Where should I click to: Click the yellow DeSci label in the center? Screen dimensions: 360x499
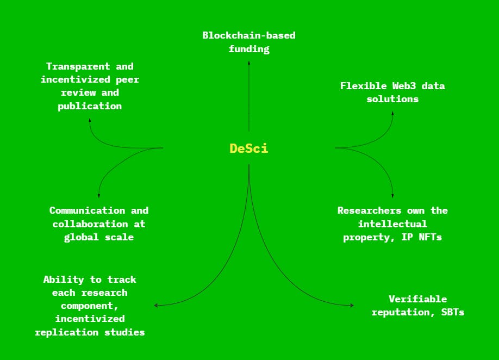tap(249, 148)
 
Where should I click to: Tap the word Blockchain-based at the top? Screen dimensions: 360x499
tap(249, 35)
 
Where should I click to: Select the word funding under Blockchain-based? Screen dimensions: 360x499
tap(249, 49)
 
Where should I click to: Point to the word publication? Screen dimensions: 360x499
tap(90, 106)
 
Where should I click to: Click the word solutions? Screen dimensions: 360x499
tap(392, 99)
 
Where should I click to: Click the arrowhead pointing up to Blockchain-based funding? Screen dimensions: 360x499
tap(249, 63)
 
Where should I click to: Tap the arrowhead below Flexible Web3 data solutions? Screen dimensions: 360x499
tap(392, 113)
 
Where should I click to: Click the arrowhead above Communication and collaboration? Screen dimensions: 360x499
tap(98, 195)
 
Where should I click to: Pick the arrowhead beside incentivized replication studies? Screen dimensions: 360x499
tap(156, 306)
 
